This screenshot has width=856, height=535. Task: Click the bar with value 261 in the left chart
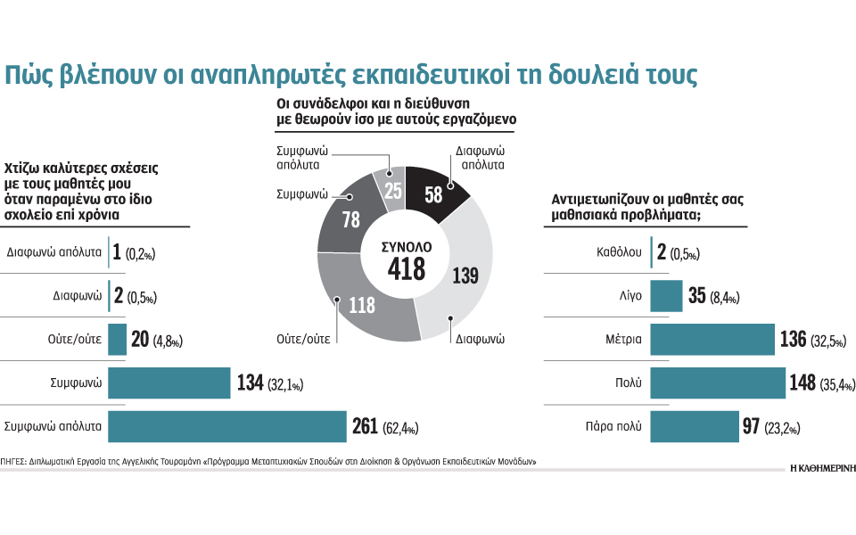coord(227,426)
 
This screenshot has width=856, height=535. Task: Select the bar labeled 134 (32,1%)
coord(169,383)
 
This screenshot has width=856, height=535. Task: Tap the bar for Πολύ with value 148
coord(717,383)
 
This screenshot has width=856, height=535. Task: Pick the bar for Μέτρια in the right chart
coord(712,340)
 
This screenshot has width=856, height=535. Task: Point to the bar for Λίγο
coord(666,296)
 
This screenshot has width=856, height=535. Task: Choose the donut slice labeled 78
coord(349,218)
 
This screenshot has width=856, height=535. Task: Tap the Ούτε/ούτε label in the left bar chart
coord(75,340)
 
